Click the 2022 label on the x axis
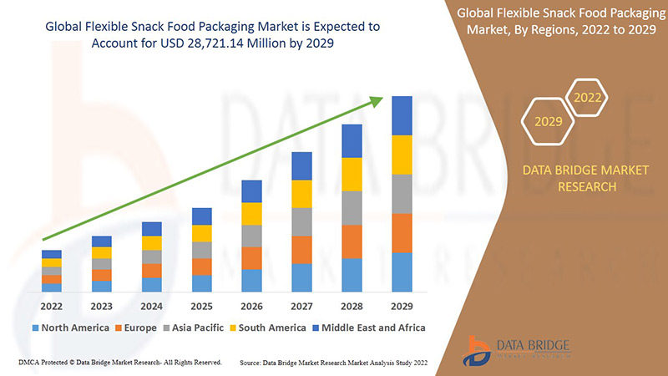click(x=52, y=306)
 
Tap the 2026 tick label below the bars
click(x=251, y=306)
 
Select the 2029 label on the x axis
click(x=402, y=306)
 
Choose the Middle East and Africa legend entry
click(x=367, y=328)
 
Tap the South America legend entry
click(x=268, y=328)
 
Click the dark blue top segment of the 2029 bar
click(x=402, y=115)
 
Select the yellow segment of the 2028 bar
click(x=352, y=174)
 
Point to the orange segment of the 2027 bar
click(x=301, y=250)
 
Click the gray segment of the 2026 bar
click(x=251, y=236)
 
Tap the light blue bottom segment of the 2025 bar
click(x=201, y=283)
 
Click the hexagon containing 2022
click(x=587, y=99)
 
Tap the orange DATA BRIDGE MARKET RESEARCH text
click(x=584, y=178)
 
